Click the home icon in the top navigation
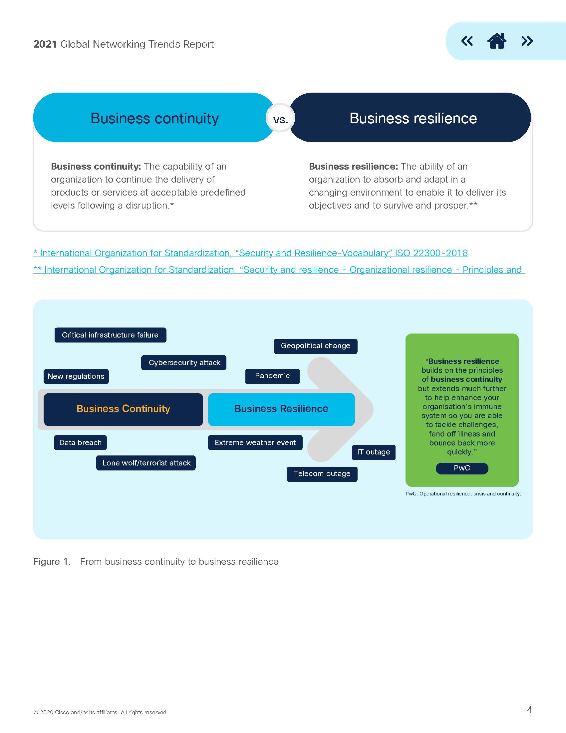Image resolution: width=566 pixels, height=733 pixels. (x=497, y=41)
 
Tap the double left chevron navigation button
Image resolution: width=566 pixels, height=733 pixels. (x=467, y=41)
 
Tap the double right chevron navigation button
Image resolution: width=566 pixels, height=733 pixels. (x=527, y=41)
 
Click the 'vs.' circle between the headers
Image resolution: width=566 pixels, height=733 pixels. (x=280, y=118)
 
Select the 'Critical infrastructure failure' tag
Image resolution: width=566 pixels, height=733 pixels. (x=110, y=335)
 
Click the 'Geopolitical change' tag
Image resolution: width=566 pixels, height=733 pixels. (x=316, y=346)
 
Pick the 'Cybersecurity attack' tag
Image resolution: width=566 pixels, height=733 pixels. (x=184, y=363)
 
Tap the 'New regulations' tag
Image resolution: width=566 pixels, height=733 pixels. (x=76, y=376)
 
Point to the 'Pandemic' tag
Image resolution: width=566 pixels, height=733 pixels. (x=272, y=376)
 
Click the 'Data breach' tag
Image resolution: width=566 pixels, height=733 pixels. (x=81, y=443)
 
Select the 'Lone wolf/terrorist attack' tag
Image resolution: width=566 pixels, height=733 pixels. (x=146, y=463)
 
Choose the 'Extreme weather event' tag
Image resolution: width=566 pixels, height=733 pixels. (x=255, y=443)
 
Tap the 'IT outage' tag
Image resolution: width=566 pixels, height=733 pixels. (x=374, y=452)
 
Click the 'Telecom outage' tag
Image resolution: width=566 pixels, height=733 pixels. (x=322, y=474)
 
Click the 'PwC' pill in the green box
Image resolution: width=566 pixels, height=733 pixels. (x=462, y=468)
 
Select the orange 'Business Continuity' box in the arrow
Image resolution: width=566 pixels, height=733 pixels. (x=124, y=409)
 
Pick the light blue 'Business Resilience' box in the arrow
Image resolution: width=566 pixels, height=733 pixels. (x=281, y=409)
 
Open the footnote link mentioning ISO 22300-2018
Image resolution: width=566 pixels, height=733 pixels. (x=250, y=253)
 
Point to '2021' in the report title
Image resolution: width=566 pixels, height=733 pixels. (x=45, y=44)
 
